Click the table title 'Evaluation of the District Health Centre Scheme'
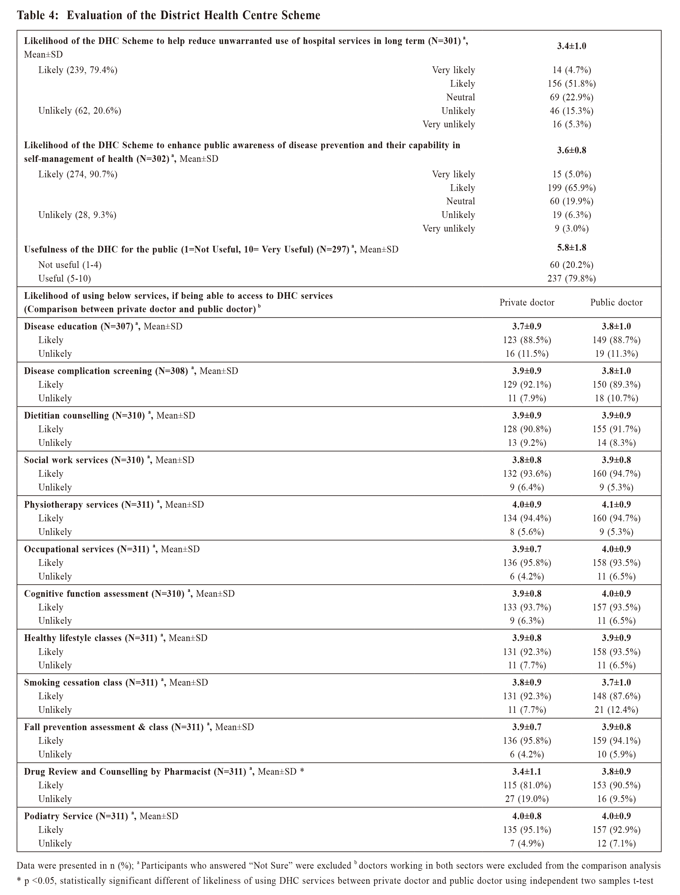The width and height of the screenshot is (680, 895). click(193, 16)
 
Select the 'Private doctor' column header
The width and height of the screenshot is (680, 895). click(527, 302)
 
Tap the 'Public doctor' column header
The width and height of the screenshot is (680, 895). click(616, 302)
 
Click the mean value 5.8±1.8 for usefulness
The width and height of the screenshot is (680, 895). click(571, 247)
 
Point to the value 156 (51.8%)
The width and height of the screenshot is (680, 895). click(571, 83)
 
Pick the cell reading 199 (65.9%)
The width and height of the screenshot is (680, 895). click(571, 188)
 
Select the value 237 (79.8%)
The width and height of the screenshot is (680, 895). click(571, 279)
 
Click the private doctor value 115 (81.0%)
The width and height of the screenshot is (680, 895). click(527, 785)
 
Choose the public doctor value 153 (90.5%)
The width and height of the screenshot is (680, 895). click(616, 785)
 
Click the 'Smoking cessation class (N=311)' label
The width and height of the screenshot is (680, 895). click(91, 683)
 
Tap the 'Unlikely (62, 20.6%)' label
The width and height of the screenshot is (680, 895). click(80, 111)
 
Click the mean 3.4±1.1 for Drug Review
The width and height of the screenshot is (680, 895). click(527, 772)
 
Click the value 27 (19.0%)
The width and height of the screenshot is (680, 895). click(527, 799)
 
